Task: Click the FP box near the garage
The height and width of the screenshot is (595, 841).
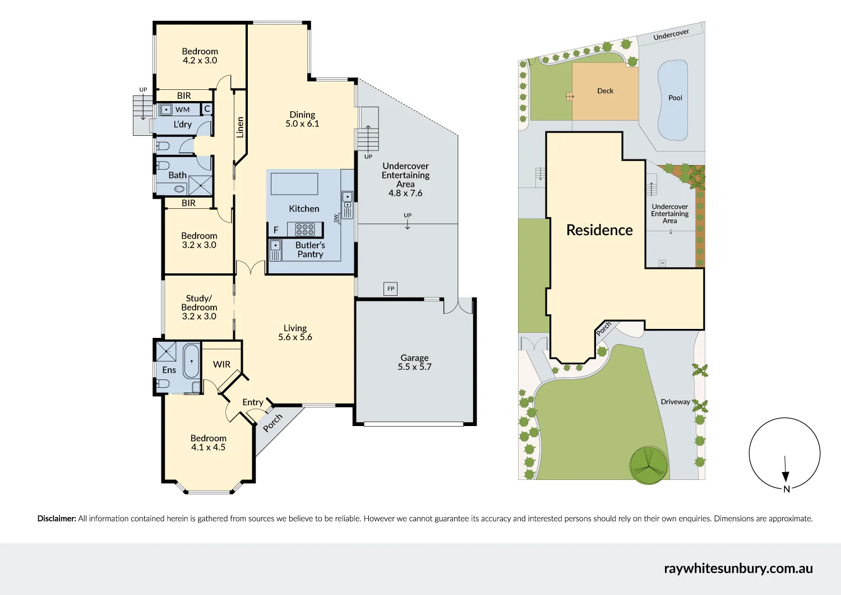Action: click(x=390, y=289)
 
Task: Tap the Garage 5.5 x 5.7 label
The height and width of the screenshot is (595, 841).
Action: click(x=414, y=363)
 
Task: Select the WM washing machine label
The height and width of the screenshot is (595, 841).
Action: click(x=182, y=110)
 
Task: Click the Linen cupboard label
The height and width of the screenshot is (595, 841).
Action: click(x=240, y=127)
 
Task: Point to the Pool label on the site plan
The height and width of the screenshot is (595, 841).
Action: click(x=675, y=98)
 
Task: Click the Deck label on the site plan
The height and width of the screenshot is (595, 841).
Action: click(x=605, y=90)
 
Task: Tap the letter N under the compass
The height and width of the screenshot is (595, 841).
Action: click(x=787, y=489)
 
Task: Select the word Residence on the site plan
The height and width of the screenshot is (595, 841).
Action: click(x=599, y=230)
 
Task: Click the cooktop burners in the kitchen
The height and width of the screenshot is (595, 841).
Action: click(x=305, y=229)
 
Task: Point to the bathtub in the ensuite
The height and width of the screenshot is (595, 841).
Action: click(x=192, y=361)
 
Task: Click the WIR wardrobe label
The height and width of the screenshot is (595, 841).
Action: click(x=221, y=364)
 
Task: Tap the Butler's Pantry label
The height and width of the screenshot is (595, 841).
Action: click(x=310, y=250)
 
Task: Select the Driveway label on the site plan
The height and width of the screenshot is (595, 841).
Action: click(x=675, y=402)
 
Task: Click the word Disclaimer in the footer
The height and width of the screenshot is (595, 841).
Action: click(x=57, y=519)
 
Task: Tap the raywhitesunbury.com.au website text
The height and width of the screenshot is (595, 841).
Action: click(x=738, y=569)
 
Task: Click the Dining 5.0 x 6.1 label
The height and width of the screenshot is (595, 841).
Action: click(x=302, y=119)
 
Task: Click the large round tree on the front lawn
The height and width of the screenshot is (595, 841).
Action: click(x=649, y=465)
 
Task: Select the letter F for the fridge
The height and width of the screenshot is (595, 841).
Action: click(x=276, y=230)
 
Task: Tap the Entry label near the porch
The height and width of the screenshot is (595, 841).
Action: click(x=253, y=402)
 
